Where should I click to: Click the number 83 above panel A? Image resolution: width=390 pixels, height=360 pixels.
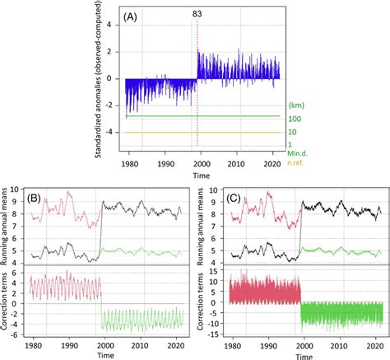[198, 14]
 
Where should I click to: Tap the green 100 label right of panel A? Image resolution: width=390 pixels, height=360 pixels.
[293, 118]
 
